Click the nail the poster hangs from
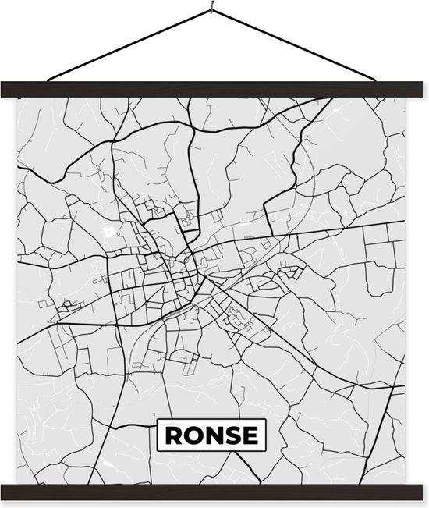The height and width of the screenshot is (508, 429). click(x=211, y=9)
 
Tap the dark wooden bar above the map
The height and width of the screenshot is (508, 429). click(x=214, y=89)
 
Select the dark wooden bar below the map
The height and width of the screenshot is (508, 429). click(x=214, y=492)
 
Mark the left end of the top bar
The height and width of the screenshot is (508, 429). click(x=6, y=89)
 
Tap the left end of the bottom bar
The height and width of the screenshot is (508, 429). click(x=6, y=492)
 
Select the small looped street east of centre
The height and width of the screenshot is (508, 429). click(x=290, y=271)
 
